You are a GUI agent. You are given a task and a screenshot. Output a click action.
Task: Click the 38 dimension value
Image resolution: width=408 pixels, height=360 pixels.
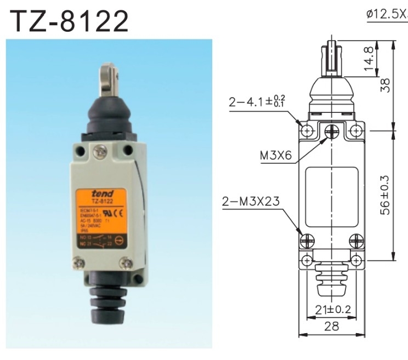386,85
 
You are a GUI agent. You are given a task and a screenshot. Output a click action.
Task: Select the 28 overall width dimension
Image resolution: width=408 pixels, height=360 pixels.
332,326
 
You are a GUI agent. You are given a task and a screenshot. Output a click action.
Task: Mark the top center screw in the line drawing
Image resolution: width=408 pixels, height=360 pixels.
332,131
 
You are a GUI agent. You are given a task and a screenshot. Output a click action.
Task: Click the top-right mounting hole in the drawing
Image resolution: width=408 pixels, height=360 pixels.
357,130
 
